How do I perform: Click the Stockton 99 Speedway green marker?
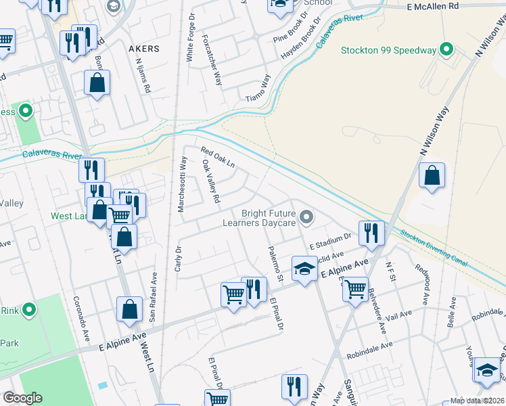tap(446, 49)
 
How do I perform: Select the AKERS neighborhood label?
tap(143, 49)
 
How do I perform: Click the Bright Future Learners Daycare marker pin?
tap(306, 217)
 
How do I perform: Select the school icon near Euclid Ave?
tap(304, 269)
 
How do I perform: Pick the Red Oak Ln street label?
tap(217, 157)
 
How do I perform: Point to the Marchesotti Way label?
tap(182, 184)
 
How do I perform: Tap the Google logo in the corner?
tap(22, 398)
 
